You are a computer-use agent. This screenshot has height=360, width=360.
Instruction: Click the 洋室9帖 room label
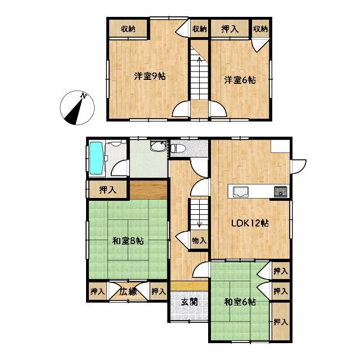[x=150, y=76]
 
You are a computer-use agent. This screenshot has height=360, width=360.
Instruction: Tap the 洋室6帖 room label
[x=240, y=80]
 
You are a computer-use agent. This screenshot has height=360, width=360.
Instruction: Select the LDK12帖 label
[x=250, y=223]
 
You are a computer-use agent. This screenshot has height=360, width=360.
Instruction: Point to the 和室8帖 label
[x=128, y=241]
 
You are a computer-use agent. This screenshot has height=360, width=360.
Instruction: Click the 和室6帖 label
[x=240, y=302]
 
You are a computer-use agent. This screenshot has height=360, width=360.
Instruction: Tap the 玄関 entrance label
[x=190, y=302]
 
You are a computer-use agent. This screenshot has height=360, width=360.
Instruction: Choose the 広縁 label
[x=128, y=291]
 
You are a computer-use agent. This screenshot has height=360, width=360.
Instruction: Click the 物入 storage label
[x=199, y=241]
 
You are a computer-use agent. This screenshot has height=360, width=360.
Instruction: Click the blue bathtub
[x=96, y=158]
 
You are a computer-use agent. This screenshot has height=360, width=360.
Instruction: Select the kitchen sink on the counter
[x=240, y=192]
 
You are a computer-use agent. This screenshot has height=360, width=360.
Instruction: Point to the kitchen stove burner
[x=280, y=192]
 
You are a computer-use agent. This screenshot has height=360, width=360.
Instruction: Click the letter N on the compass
[x=84, y=96]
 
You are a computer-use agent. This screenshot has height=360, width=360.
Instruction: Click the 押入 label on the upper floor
[x=230, y=29]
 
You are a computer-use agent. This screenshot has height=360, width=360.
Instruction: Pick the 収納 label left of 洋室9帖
[x=128, y=29]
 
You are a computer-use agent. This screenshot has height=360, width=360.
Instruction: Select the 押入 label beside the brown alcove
[x=107, y=190]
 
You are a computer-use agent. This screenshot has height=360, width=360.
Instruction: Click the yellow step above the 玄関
[x=190, y=286]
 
